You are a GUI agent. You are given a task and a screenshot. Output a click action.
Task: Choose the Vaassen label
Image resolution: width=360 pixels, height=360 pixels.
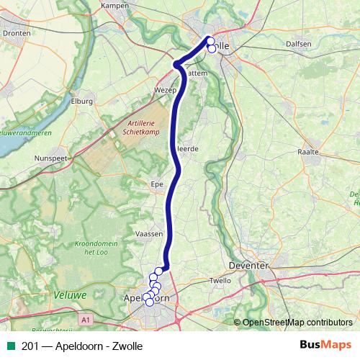point(149,234)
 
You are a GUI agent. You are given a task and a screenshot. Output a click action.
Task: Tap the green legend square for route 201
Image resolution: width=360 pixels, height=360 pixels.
point(10,346)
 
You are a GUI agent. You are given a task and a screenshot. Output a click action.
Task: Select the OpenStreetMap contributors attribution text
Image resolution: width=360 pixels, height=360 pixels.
point(297,322)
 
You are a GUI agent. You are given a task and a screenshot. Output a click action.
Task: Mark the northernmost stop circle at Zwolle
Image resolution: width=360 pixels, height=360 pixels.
point(210,40)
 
